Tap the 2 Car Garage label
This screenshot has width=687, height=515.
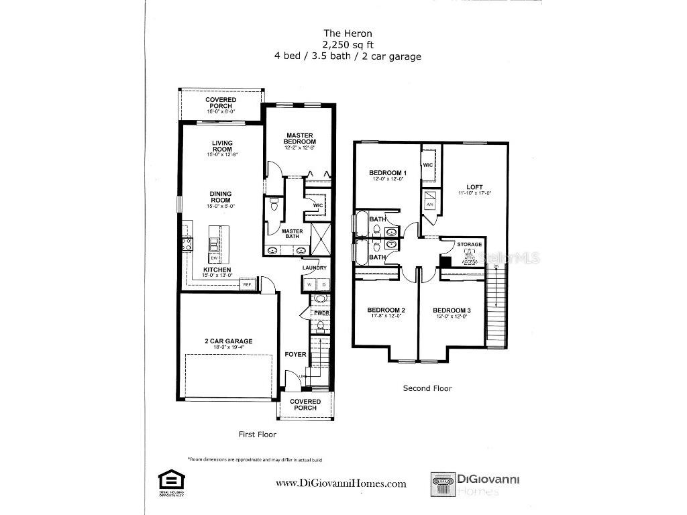coord(229,341)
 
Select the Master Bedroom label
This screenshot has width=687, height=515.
coord(299,139)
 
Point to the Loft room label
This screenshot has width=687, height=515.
coord(475,187)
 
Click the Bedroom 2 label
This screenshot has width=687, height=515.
coord(386,310)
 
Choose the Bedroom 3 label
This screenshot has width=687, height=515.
coord(452,310)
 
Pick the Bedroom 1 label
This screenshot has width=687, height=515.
coord(388,173)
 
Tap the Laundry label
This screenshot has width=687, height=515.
coord(314,268)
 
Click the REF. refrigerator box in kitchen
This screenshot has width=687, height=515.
coord(247,284)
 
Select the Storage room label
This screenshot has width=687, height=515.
coord(470,245)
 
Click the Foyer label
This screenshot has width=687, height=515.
coord(295,354)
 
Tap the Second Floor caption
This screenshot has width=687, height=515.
coord(427,388)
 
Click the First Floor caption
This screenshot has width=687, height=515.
coord(258,435)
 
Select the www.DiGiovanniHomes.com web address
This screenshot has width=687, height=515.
coord(341,483)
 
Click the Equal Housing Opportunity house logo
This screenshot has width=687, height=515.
coord(170,479)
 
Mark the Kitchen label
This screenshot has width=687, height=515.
coord(217,270)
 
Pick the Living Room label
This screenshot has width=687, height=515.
coord(222,146)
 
